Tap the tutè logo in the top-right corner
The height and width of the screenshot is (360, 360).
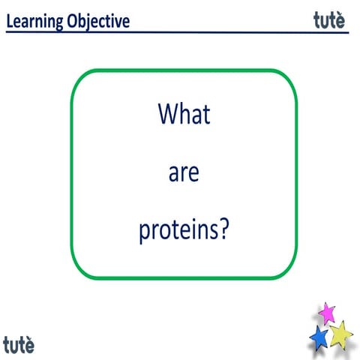(x=329, y=20)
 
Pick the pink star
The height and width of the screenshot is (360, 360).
(x=326, y=313)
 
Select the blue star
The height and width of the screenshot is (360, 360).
(x=319, y=337)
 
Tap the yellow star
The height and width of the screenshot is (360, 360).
(x=340, y=333)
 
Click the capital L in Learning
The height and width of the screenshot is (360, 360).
(x=10, y=21)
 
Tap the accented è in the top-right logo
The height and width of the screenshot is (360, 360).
(x=340, y=20)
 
